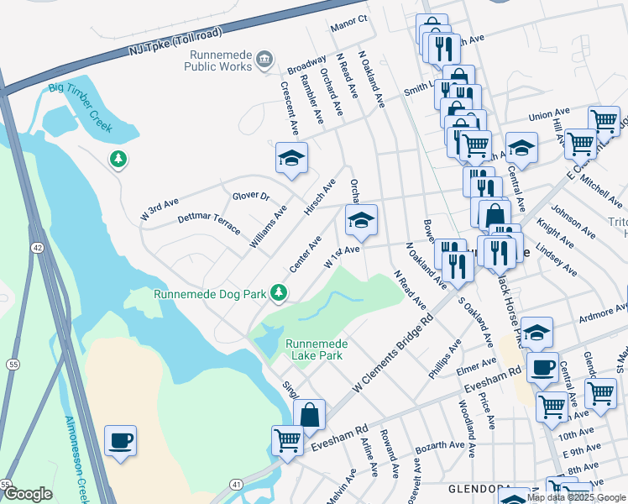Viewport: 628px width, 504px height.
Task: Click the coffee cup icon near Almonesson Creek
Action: coord(121,439)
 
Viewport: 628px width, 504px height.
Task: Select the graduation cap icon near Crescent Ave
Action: coord(291,157)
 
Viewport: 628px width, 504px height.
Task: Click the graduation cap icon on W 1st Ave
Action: coord(362,220)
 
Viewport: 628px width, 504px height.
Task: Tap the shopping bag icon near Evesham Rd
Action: coord(309,414)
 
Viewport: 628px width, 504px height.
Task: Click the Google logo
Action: coord(28,493)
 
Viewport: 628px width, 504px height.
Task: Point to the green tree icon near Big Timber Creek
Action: coord(118,158)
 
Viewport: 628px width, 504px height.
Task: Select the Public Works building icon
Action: coord(264,58)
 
